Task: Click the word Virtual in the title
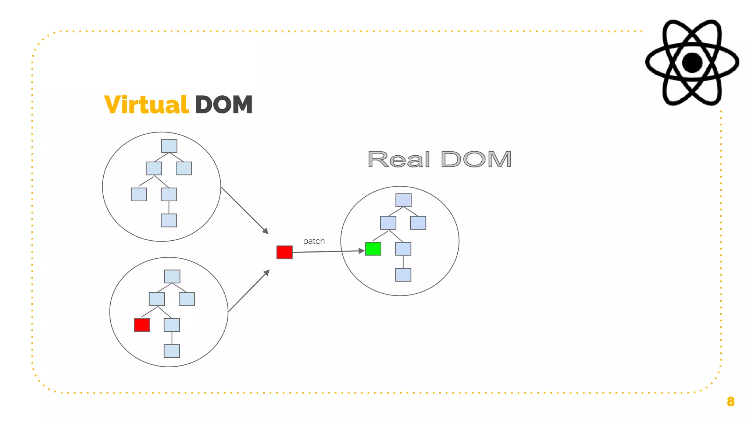click(x=146, y=105)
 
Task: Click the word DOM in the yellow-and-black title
click(x=224, y=105)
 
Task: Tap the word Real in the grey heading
click(x=399, y=160)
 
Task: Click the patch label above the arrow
click(x=314, y=241)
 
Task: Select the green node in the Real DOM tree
click(x=373, y=249)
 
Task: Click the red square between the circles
click(x=284, y=252)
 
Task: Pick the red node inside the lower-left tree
click(x=142, y=325)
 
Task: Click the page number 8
click(x=731, y=402)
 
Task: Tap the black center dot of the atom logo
click(x=692, y=63)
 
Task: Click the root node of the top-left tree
click(x=169, y=146)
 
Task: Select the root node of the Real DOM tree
click(x=403, y=200)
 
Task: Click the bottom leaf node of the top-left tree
click(x=169, y=220)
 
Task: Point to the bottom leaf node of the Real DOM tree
click(x=403, y=275)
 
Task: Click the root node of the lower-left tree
click(x=172, y=276)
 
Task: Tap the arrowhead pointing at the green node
click(x=361, y=251)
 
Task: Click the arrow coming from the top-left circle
click(x=245, y=211)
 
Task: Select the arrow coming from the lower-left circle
click(x=249, y=291)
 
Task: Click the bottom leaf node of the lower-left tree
click(x=172, y=351)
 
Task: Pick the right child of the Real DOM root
click(x=418, y=223)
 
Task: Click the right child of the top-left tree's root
click(x=184, y=168)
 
